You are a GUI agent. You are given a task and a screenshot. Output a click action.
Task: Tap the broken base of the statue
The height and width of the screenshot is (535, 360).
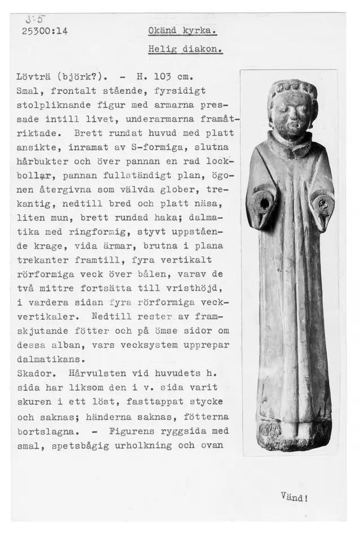pyautogui.click(x=293, y=437)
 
